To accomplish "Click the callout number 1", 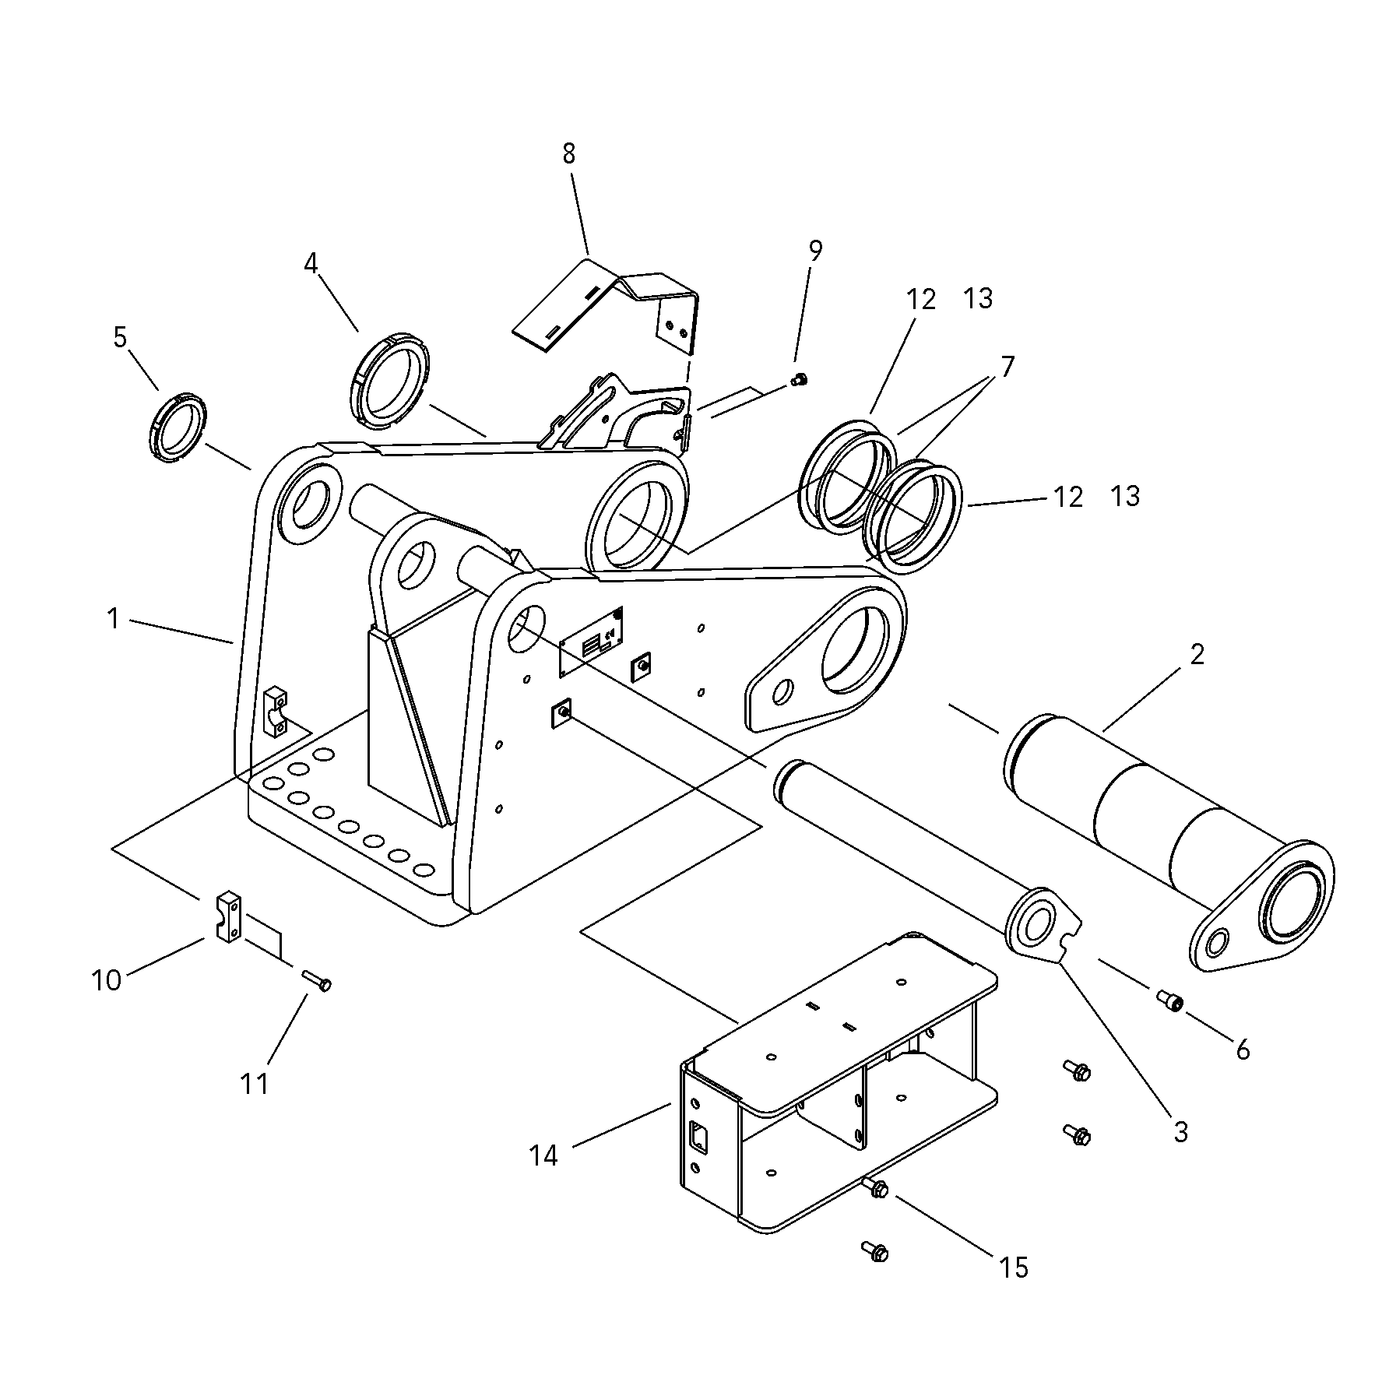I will [x=114, y=620].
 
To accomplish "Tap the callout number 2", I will [x=1197, y=655].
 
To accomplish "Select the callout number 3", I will [x=1180, y=1132].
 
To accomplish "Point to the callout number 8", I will [x=569, y=154].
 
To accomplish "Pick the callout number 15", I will [x=1014, y=1268].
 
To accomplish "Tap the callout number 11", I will [x=255, y=1083].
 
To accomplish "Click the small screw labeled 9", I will [x=799, y=380].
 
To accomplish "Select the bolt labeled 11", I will [x=315, y=979].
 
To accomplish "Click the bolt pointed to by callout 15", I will [x=877, y=1188].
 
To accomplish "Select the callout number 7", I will [x=1007, y=366].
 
